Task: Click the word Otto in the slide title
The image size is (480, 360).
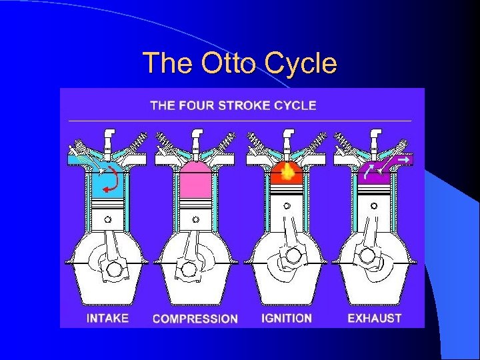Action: tap(219, 63)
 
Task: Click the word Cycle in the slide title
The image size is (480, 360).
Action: tap(301, 63)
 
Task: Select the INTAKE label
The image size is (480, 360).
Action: tap(107, 318)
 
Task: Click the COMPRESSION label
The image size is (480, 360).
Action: tap(195, 319)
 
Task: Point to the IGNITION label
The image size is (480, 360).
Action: tap(287, 318)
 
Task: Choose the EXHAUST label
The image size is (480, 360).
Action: tap(375, 318)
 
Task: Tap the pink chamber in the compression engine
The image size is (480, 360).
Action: tap(195, 179)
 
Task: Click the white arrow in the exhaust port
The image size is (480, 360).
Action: tap(403, 160)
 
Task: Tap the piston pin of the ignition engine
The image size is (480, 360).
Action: tap(287, 206)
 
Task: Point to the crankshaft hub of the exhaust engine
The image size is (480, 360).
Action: tap(367, 255)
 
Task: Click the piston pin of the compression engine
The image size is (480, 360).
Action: tap(195, 219)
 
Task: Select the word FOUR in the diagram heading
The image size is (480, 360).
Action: tap(193, 105)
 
